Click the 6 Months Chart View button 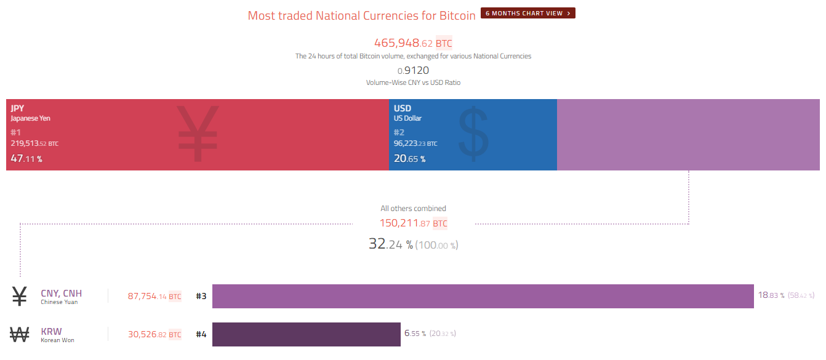click(527, 13)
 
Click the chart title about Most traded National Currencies click(361, 15)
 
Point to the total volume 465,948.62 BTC click(413, 43)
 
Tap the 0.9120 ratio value click(413, 70)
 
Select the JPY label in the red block click(17, 108)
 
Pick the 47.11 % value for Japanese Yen click(26, 159)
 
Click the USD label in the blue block click(403, 108)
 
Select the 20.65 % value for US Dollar click(409, 159)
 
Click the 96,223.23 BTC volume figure click(415, 143)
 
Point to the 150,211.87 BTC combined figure click(413, 223)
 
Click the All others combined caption click(413, 209)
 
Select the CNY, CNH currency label click(61, 294)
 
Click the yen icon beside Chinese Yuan click(20, 297)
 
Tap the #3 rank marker click(201, 296)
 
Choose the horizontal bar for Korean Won click(306, 334)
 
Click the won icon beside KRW click(20, 335)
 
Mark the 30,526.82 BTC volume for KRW click(154, 335)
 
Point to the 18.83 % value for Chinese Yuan click(771, 295)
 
